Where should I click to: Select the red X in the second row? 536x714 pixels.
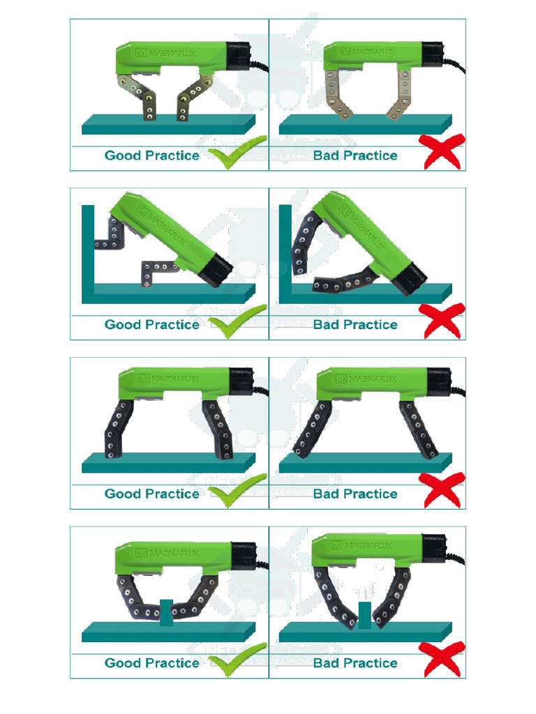441,321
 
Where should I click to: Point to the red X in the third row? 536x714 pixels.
441,489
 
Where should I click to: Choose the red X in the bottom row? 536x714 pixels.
441,659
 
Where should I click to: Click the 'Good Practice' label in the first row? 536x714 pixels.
151,155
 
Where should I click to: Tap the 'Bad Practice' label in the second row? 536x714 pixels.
355,325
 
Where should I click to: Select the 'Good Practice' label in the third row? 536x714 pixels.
151,494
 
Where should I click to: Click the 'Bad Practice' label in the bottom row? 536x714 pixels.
355,663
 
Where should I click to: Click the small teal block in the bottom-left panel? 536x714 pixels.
166,612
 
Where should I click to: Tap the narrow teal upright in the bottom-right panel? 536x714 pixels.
363,615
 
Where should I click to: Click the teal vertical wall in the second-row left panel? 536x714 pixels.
87,251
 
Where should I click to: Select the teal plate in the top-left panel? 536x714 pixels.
167,125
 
